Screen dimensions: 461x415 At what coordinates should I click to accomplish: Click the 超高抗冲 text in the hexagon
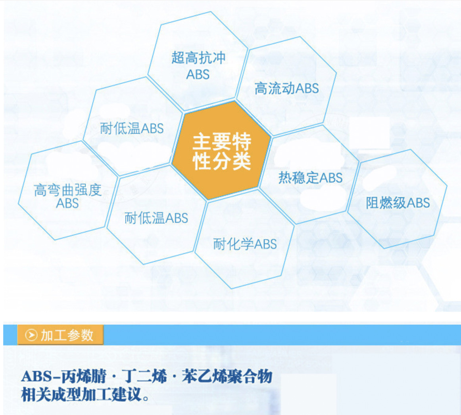[x=198, y=57]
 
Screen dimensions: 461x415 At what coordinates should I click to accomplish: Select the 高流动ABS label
[x=287, y=88]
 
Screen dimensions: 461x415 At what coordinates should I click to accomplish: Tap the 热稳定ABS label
[x=311, y=177]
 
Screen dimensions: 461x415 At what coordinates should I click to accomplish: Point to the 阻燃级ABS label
[x=398, y=203]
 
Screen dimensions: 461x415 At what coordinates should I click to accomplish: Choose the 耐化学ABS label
[x=245, y=244]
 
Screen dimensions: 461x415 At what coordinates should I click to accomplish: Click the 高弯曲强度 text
[x=67, y=190]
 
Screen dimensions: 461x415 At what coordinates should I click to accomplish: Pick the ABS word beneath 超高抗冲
[x=198, y=74]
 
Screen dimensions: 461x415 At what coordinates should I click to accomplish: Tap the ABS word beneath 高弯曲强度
[x=67, y=203]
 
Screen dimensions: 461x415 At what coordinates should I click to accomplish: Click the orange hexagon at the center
[x=221, y=150]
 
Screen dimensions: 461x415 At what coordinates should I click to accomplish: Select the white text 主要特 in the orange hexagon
[x=222, y=141]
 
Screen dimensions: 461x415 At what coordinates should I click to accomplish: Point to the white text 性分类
[x=222, y=161]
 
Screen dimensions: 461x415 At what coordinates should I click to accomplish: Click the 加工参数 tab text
[x=67, y=335]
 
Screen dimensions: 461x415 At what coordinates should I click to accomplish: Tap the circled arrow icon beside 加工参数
[x=31, y=335]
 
